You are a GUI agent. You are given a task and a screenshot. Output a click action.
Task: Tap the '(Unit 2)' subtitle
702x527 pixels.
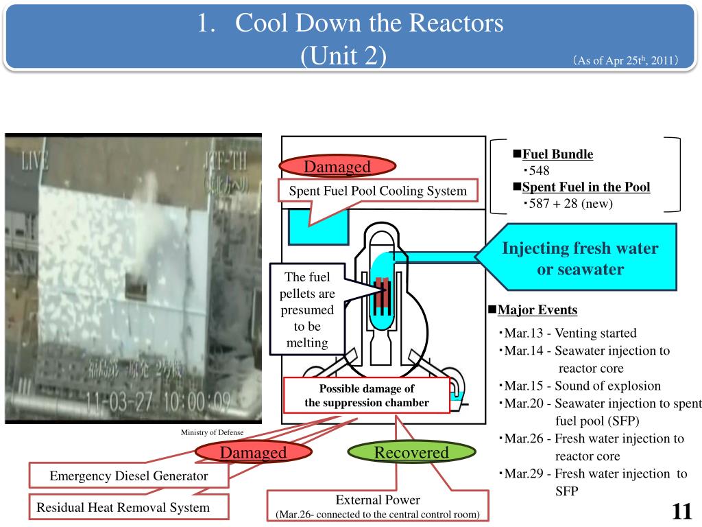(x=343, y=55)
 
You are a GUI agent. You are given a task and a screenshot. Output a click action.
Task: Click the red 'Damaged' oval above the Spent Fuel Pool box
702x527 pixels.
(x=337, y=167)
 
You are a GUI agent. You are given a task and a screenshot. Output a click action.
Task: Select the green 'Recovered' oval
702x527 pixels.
(x=411, y=452)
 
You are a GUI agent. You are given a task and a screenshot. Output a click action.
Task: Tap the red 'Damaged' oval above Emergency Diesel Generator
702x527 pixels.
(x=253, y=452)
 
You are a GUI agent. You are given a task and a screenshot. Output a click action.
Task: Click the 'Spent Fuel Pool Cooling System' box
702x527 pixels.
(x=377, y=191)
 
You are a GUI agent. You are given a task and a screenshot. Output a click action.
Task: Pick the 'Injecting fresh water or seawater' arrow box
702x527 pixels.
(x=579, y=258)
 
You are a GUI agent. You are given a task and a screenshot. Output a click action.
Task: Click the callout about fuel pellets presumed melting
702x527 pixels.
(x=307, y=309)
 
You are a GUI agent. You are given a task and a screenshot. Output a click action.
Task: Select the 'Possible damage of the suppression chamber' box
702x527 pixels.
(x=367, y=395)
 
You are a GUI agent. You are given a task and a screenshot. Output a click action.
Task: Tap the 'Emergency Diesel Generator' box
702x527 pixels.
(x=128, y=476)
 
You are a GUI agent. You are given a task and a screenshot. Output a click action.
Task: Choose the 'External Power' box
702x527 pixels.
(x=378, y=506)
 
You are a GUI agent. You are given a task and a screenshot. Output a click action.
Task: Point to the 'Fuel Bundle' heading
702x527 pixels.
(x=557, y=154)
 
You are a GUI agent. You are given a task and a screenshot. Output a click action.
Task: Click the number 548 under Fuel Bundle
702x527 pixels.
(x=539, y=171)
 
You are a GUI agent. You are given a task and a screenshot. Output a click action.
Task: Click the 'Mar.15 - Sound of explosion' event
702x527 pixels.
(x=582, y=386)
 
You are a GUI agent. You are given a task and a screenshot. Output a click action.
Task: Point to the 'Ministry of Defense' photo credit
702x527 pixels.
(x=212, y=432)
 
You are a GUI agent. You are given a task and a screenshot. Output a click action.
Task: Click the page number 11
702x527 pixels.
(x=681, y=511)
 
